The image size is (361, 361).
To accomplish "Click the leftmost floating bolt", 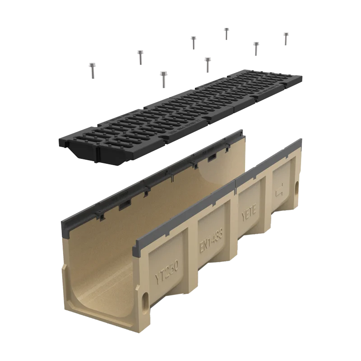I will point(93,70).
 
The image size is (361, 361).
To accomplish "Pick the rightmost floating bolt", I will point(286,39).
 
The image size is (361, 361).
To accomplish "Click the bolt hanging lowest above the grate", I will point(164,79).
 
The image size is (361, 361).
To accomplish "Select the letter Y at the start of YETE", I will point(243,221).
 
